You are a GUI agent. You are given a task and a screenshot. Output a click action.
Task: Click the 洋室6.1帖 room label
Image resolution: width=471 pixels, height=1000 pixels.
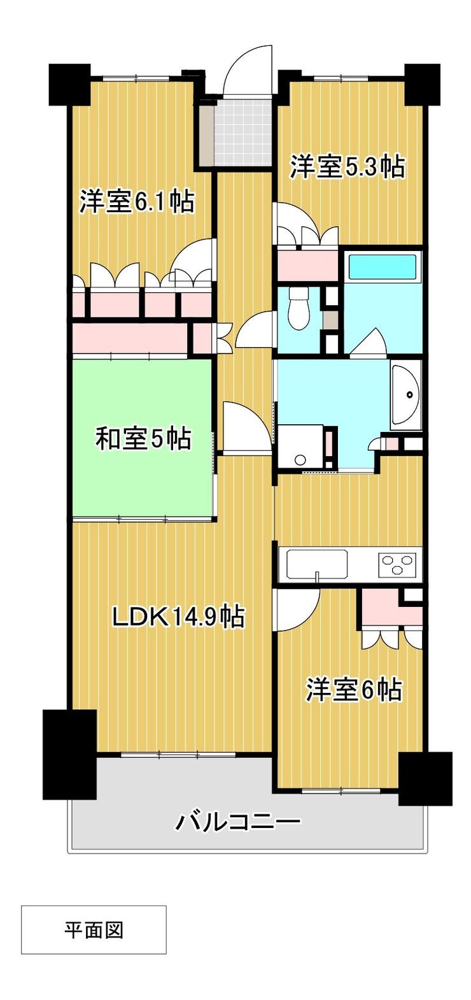pyautogui.click(x=137, y=202)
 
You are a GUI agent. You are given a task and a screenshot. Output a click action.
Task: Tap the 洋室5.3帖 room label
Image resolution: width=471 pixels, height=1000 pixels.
pyautogui.click(x=348, y=166)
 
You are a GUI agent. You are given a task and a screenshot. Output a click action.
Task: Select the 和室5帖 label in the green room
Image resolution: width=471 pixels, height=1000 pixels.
pyautogui.click(x=144, y=438)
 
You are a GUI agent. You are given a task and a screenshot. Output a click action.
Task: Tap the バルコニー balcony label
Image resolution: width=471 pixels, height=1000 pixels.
pyautogui.click(x=237, y=822)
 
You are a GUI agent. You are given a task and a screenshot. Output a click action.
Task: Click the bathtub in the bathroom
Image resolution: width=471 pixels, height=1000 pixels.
pyautogui.click(x=383, y=265)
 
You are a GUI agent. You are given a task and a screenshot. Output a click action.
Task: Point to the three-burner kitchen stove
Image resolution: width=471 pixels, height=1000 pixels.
pyautogui.click(x=398, y=564)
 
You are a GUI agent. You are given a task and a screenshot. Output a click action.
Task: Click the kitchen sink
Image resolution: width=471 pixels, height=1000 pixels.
pyautogui.click(x=317, y=565)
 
